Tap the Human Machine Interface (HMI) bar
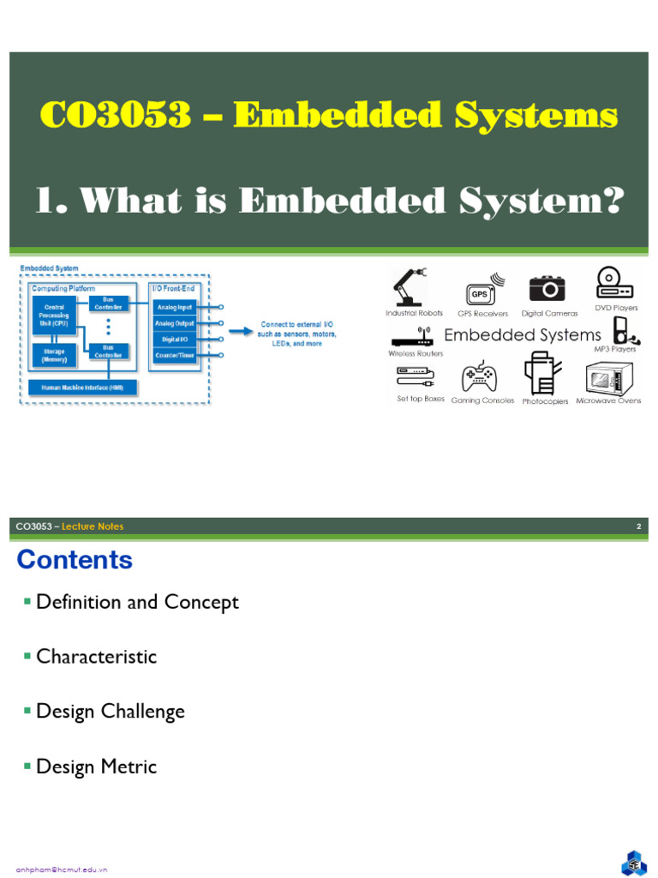[x=82, y=388]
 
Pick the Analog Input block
[x=175, y=306]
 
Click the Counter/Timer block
[x=175, y=354]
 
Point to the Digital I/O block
[x=175, y=339]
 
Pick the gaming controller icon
[x=479, y=378]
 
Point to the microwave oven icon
[x=608, y=377]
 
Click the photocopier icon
[x=540, y=375]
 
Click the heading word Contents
[x=75, y=560]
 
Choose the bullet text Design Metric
[x=96, y=767]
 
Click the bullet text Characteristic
[x=96, y=657]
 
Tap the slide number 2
[x=638, y=526]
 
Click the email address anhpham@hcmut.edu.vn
[x=56, y=869]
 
